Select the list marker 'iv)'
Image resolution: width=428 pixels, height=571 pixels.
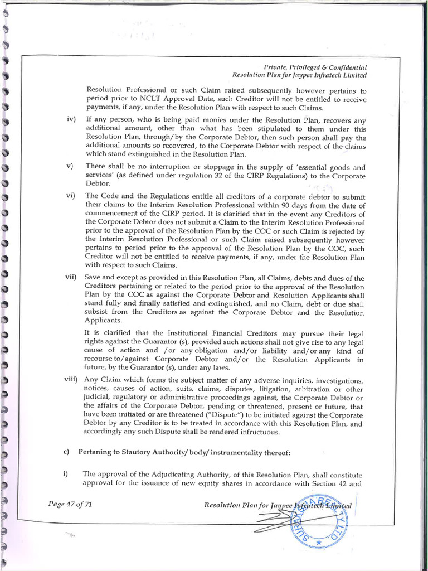tap(71, 119)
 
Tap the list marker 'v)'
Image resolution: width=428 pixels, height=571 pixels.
tap(70, 167)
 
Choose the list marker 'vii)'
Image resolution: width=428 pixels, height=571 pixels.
tap(72, 278)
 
